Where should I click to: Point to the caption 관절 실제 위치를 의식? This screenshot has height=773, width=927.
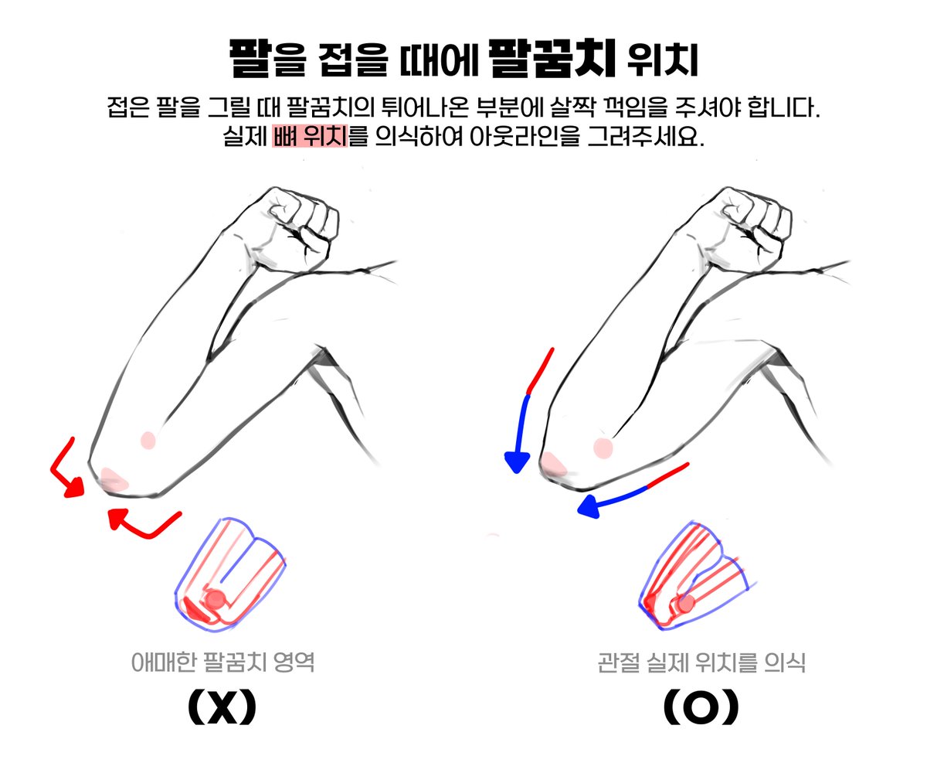[x=701, y=662]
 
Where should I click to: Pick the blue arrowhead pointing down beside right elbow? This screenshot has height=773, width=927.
[x=516, y=462]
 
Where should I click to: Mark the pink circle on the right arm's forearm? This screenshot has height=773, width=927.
[x=603, y=447]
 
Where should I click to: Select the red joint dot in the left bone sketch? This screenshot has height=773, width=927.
[x=216, y=598]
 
